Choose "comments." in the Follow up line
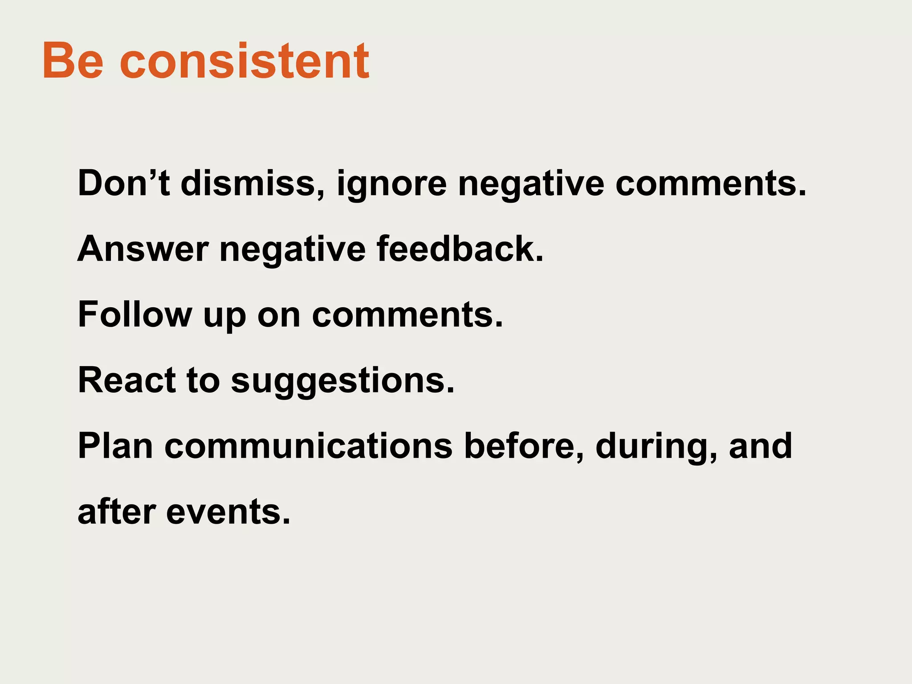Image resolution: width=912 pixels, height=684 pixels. pos(407,315)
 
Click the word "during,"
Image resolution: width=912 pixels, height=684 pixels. pos(656,447)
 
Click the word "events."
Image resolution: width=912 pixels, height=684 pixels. pos(228,512)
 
